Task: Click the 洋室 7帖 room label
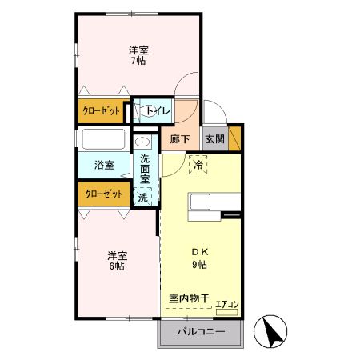138,54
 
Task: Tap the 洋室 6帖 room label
118,261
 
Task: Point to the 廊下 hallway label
180,138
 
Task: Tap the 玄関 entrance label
214,138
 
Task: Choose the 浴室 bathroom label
104,165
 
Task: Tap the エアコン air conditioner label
226,303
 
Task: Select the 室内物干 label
189,298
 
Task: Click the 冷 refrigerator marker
198,165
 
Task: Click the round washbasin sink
143,142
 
